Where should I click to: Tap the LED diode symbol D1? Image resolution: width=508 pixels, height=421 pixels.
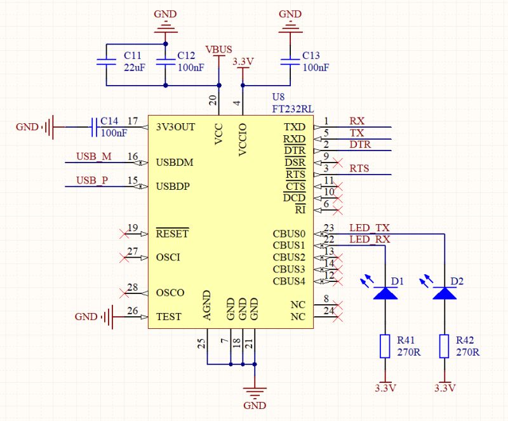(385, 293)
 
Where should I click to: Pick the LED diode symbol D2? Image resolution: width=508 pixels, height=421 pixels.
(444, 293)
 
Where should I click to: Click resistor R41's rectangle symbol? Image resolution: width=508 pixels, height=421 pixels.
(385, 347)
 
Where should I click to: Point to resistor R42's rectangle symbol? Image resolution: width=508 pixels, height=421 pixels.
(444, 347)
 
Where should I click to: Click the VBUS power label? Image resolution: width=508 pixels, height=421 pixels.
(218, 49)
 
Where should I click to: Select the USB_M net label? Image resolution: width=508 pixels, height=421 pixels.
(93, 156)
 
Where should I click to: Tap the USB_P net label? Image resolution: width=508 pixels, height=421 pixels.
(92, 180)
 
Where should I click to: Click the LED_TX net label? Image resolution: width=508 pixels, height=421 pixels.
(370, 228)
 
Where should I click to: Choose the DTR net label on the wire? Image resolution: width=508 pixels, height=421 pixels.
(359, 145)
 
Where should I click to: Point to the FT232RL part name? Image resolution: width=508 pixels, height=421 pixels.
(291, 109)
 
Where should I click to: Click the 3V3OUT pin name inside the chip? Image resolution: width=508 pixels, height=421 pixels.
(175, 126)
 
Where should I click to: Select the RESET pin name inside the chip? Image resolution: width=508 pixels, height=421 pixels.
(172, 234)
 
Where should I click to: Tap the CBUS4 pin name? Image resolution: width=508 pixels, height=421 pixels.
(289, 281)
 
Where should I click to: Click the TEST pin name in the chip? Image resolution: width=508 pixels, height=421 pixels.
(168, 317)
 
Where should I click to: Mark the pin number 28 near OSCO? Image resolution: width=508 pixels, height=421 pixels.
(132, 288)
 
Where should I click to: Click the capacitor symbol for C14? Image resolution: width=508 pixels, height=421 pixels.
(95, 126)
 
